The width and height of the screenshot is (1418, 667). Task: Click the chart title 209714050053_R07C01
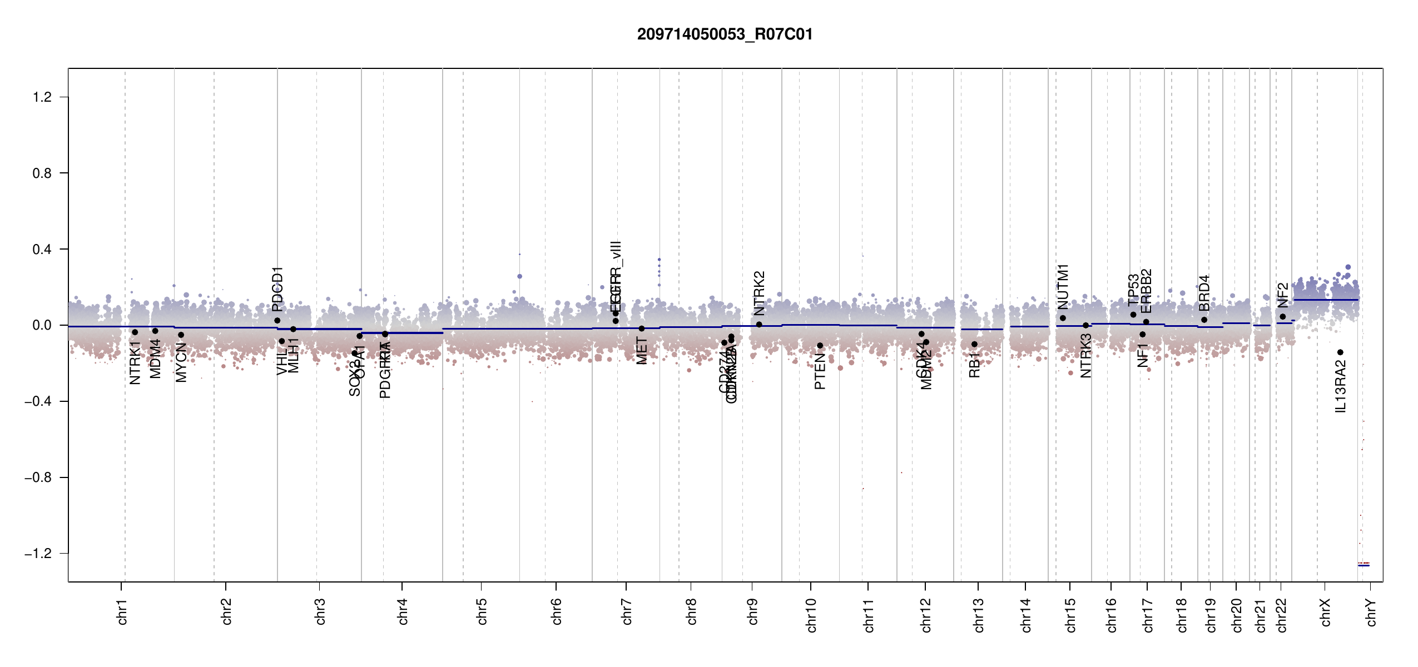(x=725, y=34)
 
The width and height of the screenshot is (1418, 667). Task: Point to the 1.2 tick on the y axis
(x=42, y=97)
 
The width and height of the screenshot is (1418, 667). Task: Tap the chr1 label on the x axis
(x=122, y=611)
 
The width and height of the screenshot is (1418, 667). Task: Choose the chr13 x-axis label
(x=979, y=615)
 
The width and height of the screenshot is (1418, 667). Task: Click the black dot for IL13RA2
(x=1340, y=352)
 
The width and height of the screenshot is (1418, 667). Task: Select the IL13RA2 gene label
(x=1341, y=386)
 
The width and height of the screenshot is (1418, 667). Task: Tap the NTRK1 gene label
(x=135, y=362)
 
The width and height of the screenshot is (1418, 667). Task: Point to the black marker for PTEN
(x=820, y=346)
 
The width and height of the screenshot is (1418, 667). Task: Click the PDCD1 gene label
(x=277, y=289)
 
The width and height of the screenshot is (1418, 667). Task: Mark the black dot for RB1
(x=974, y=345)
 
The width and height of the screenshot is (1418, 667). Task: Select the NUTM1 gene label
(x=1063, y=287)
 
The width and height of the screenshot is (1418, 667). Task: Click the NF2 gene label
(x=1283, y=295)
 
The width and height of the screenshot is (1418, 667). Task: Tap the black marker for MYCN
(x=181, y=335)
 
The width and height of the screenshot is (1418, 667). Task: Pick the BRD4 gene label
(x=1204, y=293)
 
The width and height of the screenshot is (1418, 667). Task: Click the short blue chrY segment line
(x=1364, y=565)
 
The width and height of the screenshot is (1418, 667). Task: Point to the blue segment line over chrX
(x=1326, y=300)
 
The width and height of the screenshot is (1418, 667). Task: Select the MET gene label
(x=642, y=351)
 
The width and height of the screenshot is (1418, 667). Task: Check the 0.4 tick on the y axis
(x=42, y=250)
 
